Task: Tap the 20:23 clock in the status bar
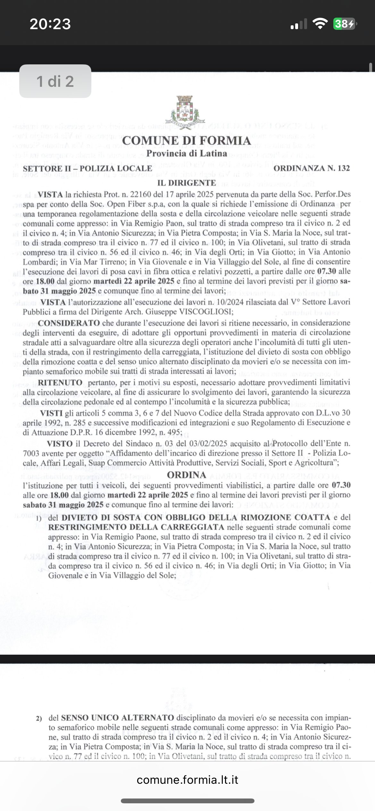click(x=50, y=24)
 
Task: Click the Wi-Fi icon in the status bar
click(x=319, y=24)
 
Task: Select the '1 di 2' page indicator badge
click(x=55, y=81)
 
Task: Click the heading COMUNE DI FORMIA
click(x=187, y=141)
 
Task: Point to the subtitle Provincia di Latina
click(x=187, y=153)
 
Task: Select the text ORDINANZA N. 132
click(x=312, y=168)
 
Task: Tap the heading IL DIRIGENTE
click(x=187, y=183)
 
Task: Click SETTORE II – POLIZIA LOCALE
click(x=88, y=168)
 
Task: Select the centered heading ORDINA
click(x=187, y=475)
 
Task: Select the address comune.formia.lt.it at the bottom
click(x=188, y=779)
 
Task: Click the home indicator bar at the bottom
click(x=188, y=801)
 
